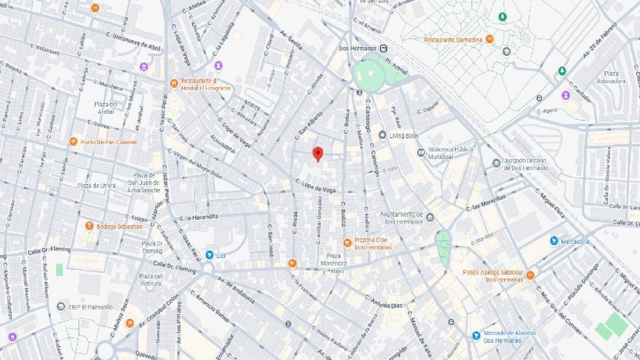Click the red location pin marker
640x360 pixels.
point(317,154)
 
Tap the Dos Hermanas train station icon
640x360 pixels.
point(384,48)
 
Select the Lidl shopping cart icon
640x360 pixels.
point(209,255)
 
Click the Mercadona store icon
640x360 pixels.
point(554,241)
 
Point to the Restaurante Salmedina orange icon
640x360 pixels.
point(490,39)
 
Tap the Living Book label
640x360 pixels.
point(404,136)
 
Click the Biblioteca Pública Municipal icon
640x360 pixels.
point(421,152)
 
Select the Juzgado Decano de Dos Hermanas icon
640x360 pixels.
point(496,163)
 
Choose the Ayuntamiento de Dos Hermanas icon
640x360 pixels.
point(430,218)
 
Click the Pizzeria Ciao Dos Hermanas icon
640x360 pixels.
point(347,243)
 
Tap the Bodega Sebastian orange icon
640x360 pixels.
point(89,226)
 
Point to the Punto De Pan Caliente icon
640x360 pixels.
point(73,142)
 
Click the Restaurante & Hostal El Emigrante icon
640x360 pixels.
point(174,84)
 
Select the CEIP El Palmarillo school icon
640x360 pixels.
point(61,307)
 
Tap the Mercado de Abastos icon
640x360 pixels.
point(476,336)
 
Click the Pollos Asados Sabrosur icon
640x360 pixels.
point(530,275)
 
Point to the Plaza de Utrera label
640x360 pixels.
point(96,186)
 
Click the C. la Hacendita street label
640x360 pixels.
point(199,218)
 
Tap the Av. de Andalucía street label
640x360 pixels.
point(236,290)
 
